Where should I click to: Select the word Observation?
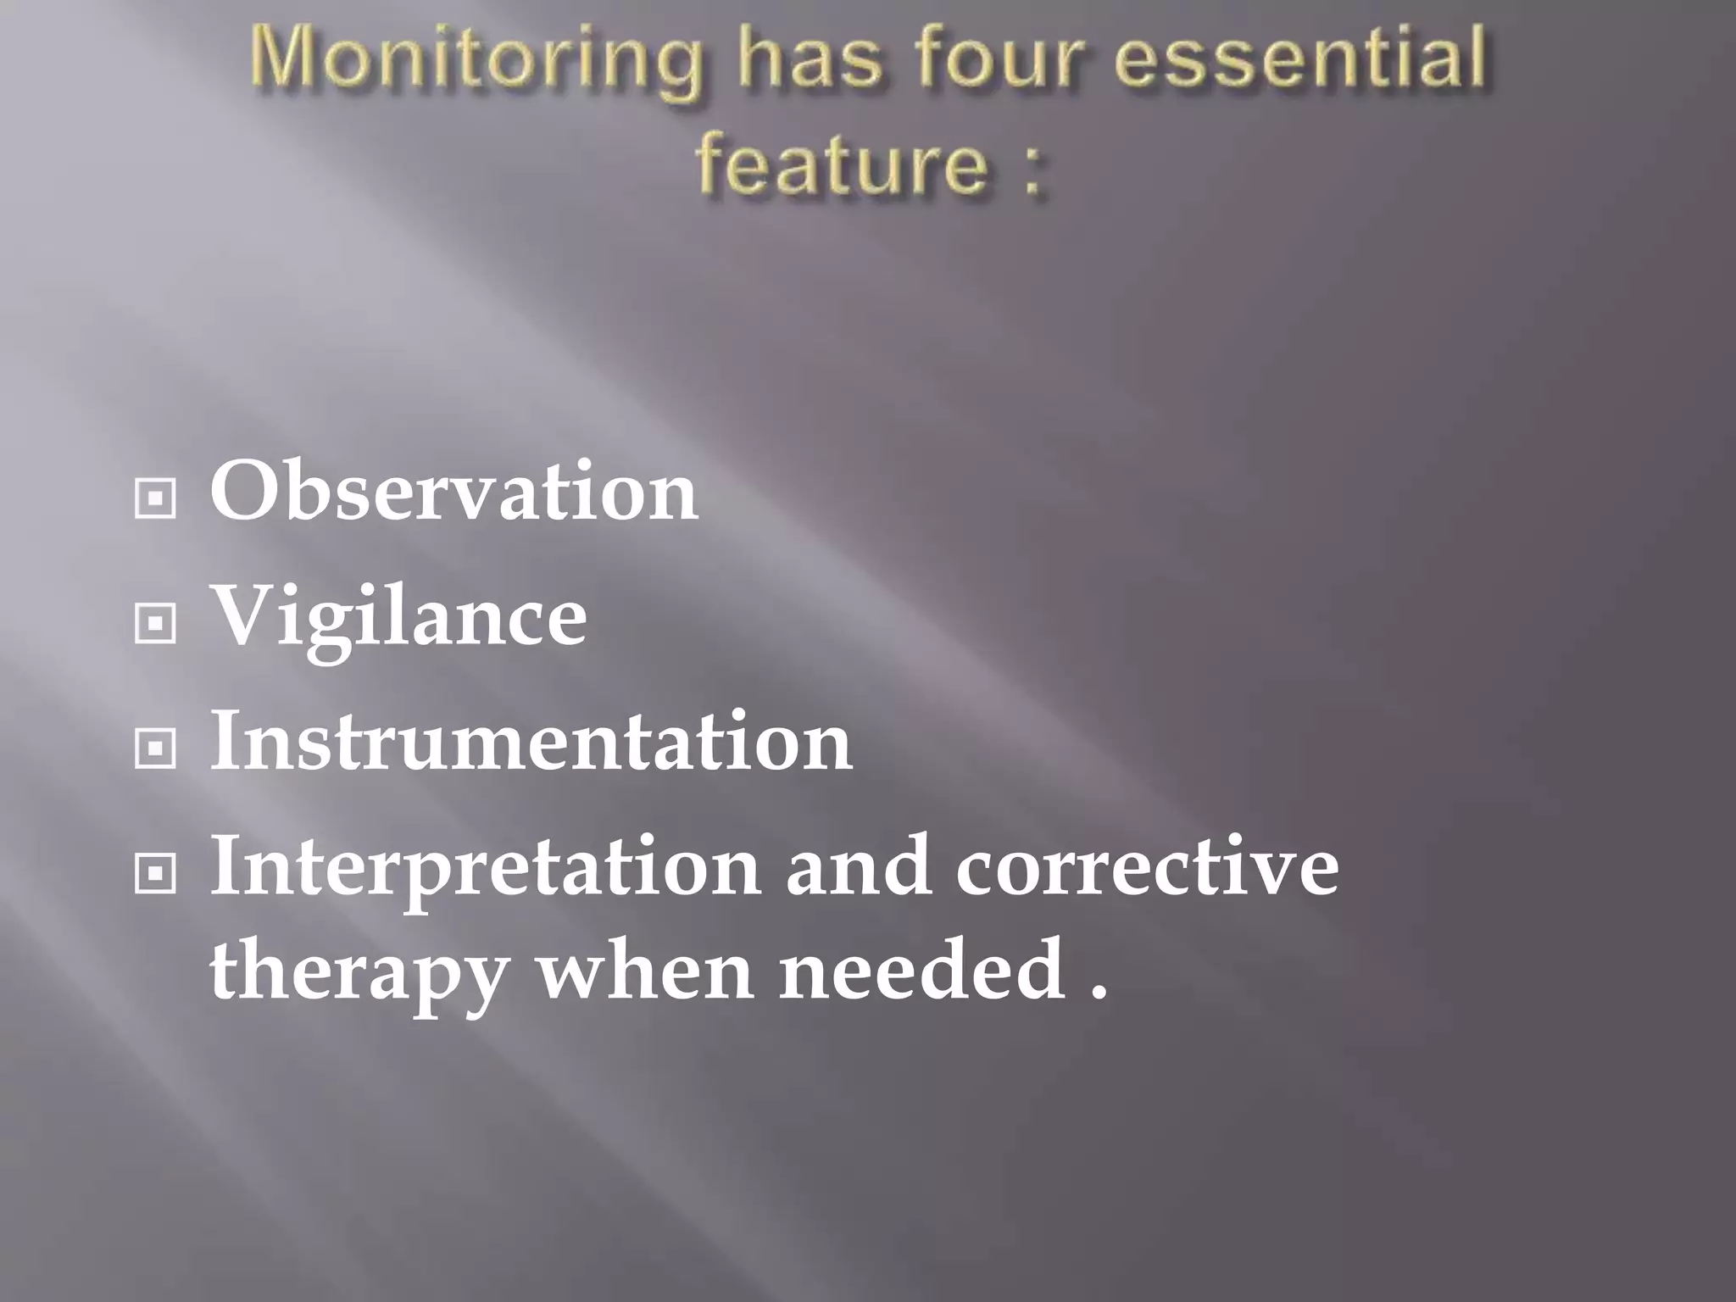[x=454, y=492]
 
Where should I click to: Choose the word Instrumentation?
[x=531, y=742]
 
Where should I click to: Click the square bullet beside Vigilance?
[x=155, y=624]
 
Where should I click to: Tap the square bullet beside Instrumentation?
[x=155, y=748]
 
